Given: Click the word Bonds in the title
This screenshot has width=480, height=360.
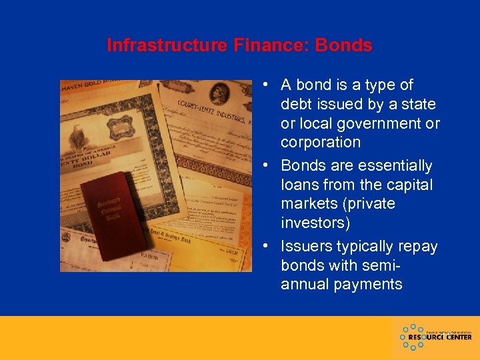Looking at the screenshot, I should pos(343,45).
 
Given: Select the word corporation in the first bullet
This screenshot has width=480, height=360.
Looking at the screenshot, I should pos(320,142).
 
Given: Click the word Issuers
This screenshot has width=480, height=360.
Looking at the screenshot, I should pos(307,246).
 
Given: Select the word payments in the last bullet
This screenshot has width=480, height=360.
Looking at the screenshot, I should pos(369,284).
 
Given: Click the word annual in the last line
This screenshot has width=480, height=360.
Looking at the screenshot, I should pos(305,284).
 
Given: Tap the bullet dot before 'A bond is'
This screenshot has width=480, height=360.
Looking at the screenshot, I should pos(265,85).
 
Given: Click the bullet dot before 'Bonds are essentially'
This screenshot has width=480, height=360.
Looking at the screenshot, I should pos(265,166).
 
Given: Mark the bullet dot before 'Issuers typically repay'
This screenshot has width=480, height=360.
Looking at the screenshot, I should pos(265,247).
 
